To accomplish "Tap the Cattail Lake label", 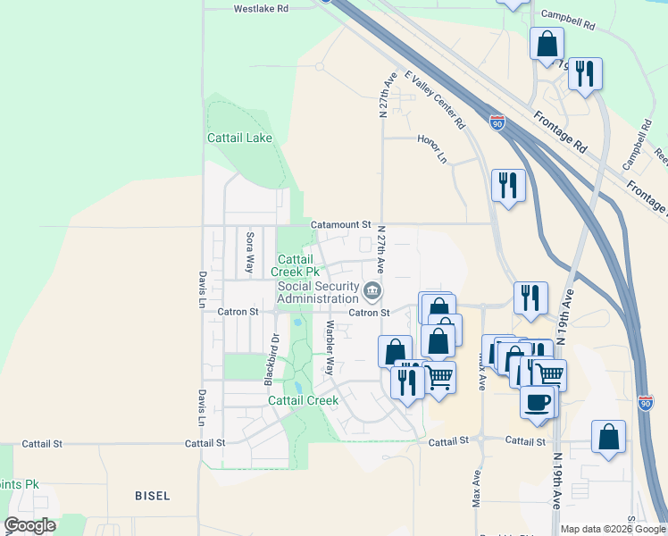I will [239, 138].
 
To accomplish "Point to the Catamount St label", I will [340, 224].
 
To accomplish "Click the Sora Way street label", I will [250, 252].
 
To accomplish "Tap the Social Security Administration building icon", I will [372, 289].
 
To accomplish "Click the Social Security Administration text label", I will [318, 292].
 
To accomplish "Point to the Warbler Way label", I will [330, 348].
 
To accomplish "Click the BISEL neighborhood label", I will [152, 495].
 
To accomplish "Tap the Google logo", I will [29, 525].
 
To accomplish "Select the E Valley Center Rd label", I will [436, 100].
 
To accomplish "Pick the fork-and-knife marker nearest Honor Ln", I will [508, 186].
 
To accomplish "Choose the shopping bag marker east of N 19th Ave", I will [608, 437].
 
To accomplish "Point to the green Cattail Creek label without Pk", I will [304, 400].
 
